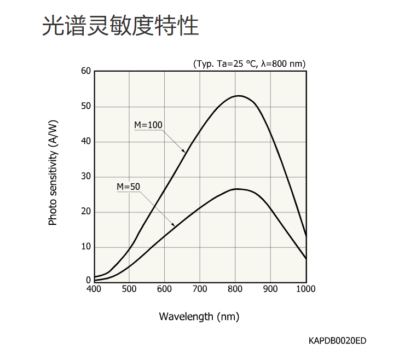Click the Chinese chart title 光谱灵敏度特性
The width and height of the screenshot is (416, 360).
[120, 26]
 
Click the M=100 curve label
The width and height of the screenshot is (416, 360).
[148, 125]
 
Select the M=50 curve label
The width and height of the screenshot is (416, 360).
[128, 187]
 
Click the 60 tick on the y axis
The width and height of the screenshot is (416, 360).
[85, 71]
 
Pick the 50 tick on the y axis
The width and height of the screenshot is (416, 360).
[85, 106]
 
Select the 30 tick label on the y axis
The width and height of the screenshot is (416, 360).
[85, 177]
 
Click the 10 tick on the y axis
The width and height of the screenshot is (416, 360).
[85, 247]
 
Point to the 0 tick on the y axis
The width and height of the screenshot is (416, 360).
[88, 280]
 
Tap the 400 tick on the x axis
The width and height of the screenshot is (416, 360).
[94, 289]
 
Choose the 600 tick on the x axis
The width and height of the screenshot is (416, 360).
[164, 289]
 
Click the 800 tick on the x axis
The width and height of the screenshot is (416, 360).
[235, 289]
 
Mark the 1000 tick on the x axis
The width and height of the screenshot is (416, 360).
[305, 289]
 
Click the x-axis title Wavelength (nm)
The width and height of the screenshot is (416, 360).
[199, 316]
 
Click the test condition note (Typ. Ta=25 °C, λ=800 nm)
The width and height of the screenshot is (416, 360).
[249, 63]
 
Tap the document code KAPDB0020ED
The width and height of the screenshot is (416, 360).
[337, 341]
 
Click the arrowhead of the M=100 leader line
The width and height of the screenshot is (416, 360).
[185, 152]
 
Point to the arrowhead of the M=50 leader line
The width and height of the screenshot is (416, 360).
[175, 225]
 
